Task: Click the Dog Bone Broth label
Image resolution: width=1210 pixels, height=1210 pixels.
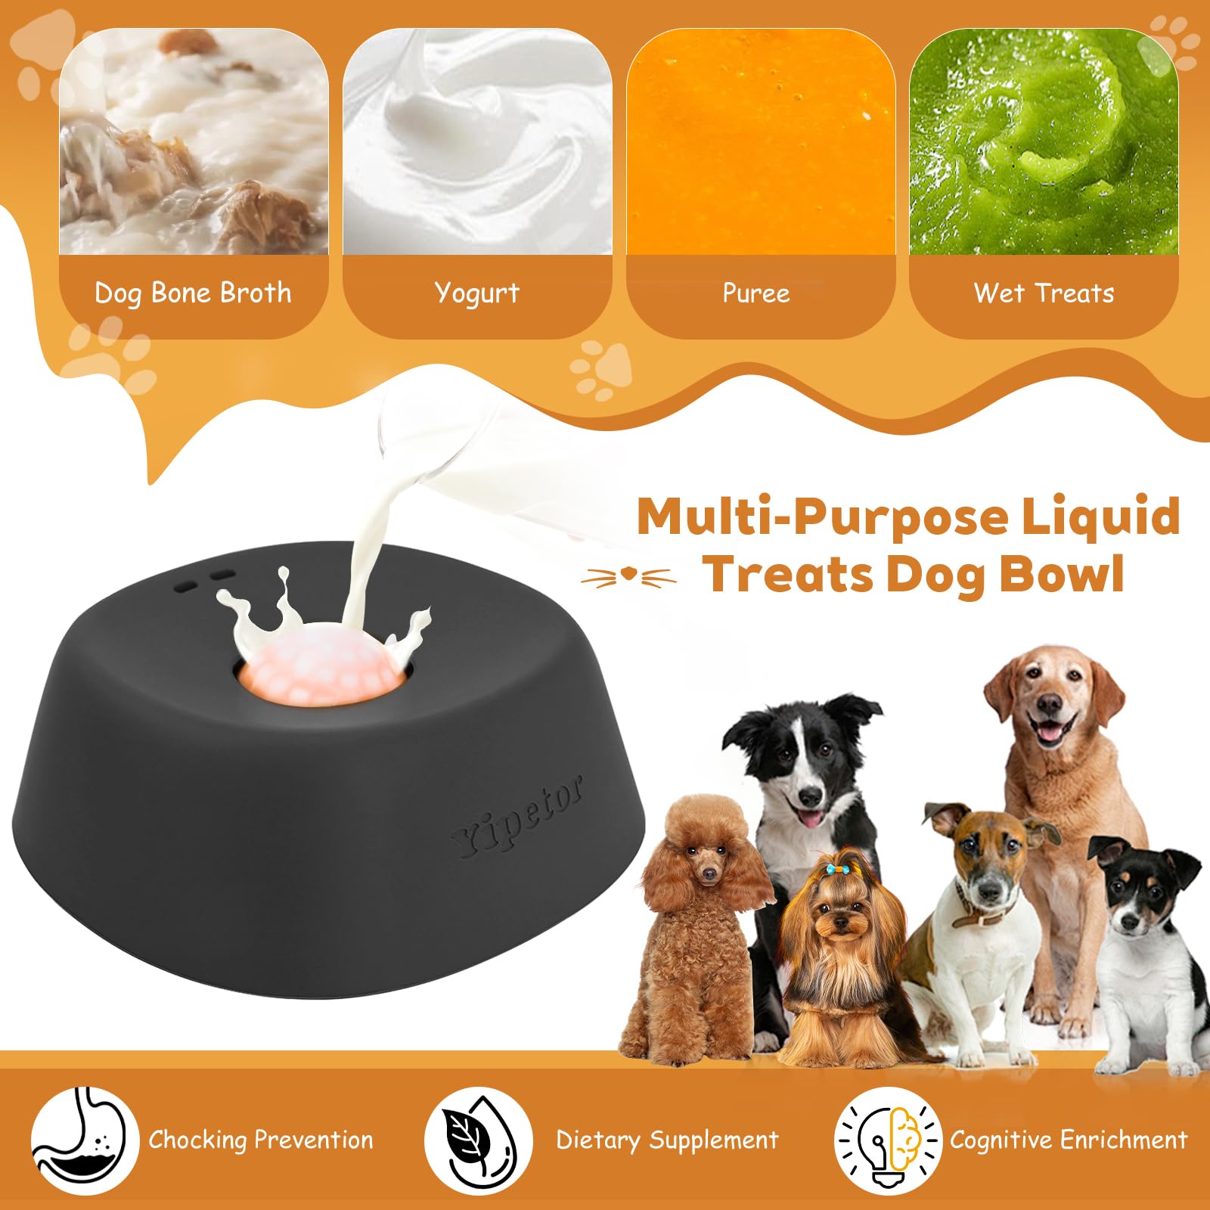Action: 193,293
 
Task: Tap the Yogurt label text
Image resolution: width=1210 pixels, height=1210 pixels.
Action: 477,293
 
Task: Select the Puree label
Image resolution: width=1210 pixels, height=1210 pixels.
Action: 756,293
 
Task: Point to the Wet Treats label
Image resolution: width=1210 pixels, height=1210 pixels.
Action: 1044,293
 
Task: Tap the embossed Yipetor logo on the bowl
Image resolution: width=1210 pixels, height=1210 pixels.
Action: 518,817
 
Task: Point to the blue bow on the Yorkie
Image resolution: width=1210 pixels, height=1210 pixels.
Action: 835,870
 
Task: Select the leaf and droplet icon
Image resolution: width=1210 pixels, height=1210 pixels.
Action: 478,1140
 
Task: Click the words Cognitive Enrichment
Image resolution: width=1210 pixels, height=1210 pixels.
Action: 1069,1140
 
